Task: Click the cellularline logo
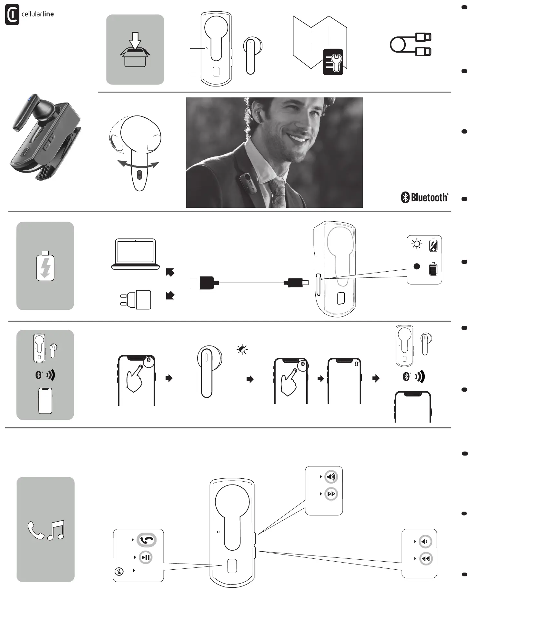(29, 15)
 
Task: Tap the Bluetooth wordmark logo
(424, 197)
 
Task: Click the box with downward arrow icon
(135, 50)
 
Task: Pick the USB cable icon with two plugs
(411, 45)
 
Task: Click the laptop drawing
(135, 254)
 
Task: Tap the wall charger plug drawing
(136, 299)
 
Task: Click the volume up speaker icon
(331, 476)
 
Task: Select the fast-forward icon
(331, 494)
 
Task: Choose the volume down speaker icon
(425, 542)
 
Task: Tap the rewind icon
(426, 559)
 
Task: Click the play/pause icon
(146, 557)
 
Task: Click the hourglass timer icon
(119, 571)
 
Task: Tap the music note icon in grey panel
(56, 530)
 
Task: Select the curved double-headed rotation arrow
(138, 165)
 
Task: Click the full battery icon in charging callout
(433, 269)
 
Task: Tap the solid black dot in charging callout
(417, 266)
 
